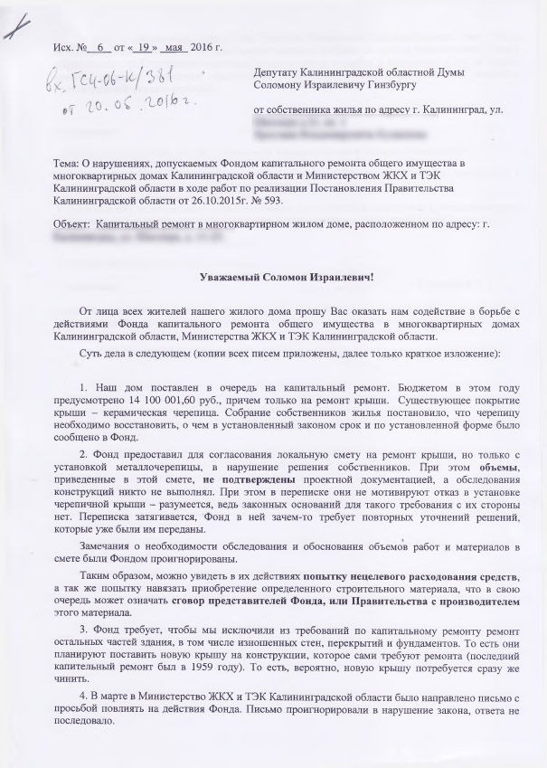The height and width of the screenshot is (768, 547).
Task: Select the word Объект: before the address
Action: (73, 223)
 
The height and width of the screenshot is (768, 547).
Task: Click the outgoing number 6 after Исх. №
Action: (102, 45)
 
